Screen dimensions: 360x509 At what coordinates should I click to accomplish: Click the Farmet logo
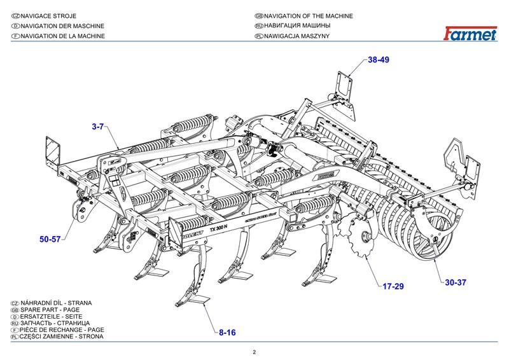[471, 34]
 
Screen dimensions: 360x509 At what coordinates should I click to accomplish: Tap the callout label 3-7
[98, 127]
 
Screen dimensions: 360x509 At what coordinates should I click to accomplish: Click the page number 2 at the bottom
[254, 352]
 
